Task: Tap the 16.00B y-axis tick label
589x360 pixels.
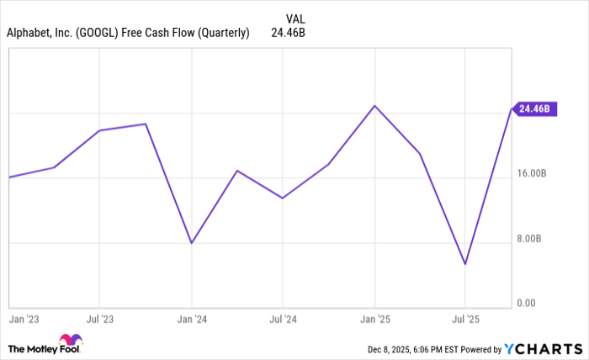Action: [x=532, y=173]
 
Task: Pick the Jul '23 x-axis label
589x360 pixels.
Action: [x=100, y=320]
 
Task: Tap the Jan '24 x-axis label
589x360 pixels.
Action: [x=192, y=320]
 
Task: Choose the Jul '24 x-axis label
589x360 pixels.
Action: [x=283, y=320]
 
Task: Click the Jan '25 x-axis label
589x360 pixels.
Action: [x=374, y=320]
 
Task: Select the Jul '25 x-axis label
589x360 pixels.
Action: [x=465, y=320]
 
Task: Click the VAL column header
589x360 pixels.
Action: [x=296, y=19]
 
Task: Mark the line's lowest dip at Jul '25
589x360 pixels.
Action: [x=465, y=264]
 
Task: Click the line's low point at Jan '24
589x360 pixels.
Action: [x=192, y=243]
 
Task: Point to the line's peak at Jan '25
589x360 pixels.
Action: [x=374, y=106]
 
